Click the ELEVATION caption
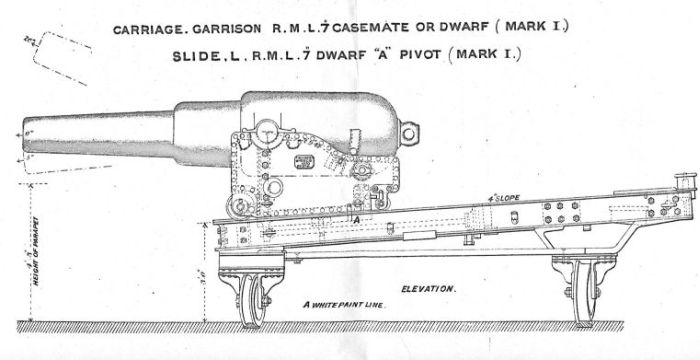[x=429, y=288]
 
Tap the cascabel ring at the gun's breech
[x=408, y=129]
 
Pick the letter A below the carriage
[x=357, y=216]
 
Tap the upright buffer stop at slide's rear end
[x=684, y=184]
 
